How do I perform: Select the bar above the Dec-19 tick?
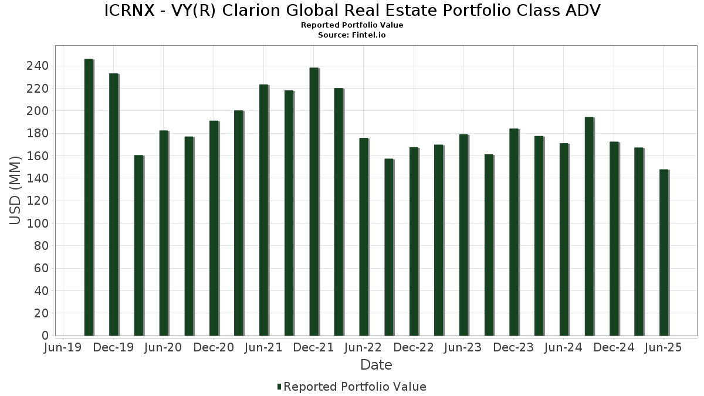114,205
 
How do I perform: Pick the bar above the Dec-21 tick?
314,202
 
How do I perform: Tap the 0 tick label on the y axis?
45,336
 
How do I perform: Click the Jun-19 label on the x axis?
63,348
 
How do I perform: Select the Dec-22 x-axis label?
414,348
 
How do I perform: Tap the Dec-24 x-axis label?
614,348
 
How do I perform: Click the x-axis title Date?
376,365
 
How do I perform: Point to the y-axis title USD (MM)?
16,189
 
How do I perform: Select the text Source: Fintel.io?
352,35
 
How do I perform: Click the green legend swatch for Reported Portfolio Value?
279,387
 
